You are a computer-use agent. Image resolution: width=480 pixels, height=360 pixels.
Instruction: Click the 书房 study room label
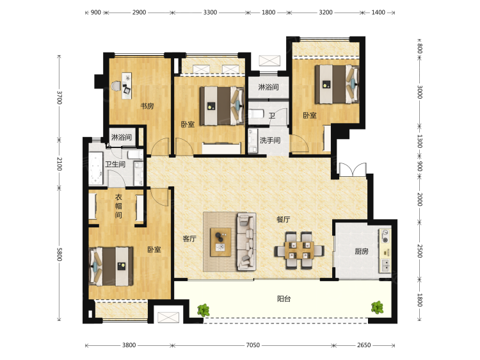[x=147, y=106]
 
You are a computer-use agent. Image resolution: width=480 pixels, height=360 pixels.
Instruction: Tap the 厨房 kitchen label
[x=362, y=251]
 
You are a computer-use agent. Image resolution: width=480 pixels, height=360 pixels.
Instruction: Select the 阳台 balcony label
[x=284, y=299]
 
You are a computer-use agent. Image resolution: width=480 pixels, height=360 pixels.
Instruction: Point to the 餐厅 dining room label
[x=283, y=219]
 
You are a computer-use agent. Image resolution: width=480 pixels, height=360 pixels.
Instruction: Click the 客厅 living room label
[x=189, y=238]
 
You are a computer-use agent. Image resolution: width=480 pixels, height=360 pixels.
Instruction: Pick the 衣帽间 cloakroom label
[x=118, y=206]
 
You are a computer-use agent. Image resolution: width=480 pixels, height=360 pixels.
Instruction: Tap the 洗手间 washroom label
[x=270, y=140]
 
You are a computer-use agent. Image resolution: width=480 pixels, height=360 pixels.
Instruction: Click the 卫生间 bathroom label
[x=115, y=164]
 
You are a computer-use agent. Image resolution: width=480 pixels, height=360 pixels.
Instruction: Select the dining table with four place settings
[x=298, y=250]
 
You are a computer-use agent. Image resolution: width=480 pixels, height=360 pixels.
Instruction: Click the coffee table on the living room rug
[x=221, y=242]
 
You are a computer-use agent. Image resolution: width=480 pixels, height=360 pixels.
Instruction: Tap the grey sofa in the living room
[x=246, y=241]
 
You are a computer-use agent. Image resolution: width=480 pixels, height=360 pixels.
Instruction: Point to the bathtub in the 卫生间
[x=96, y=168]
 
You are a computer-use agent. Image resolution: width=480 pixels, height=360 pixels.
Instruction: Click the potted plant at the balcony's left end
[x=204, y=310]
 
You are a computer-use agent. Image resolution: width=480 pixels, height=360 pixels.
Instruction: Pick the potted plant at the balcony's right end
[x=377, y=307]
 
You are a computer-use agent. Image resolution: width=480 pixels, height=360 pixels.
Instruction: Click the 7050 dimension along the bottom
[x=253, y=345]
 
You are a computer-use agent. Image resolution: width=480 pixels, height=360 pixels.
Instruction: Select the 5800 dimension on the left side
[x=60, y=254]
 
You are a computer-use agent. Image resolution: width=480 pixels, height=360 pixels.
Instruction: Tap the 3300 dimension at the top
[x=210, y=13]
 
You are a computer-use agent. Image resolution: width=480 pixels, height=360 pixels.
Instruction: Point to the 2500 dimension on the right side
[x=420, y=251]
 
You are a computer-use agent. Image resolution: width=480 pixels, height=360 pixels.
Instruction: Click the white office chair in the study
[x=116, y=86]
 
